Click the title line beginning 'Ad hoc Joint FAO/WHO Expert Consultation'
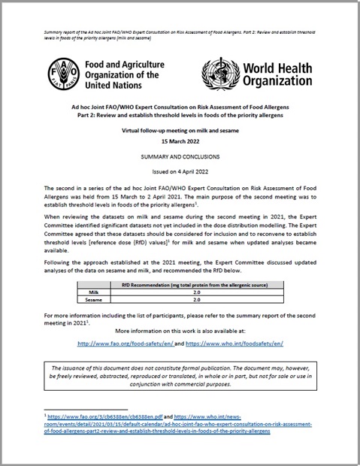click(180, 108)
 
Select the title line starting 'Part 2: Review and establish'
click(180, 117)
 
